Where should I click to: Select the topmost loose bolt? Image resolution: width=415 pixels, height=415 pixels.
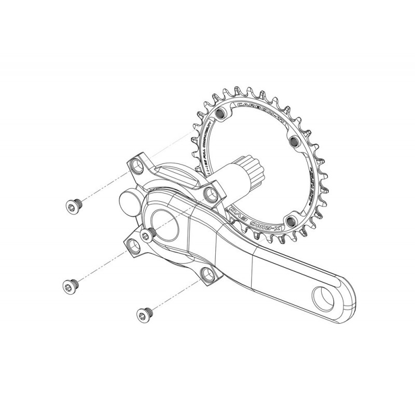pos(72,206)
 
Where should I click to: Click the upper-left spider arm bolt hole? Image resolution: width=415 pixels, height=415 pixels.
pos(136,165)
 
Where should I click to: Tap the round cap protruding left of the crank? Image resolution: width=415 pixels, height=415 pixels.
pos(129,201)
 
